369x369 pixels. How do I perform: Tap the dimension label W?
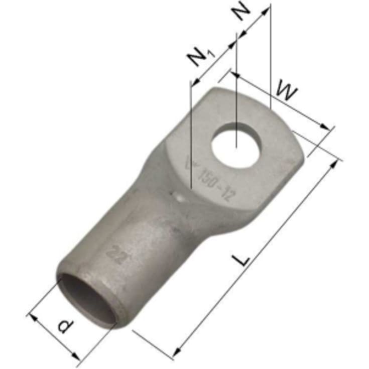coord(288,93)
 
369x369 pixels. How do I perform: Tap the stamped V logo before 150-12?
coord(190,164)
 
